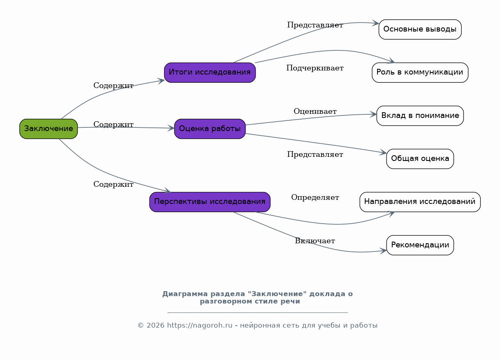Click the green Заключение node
pos(48,129)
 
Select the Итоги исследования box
pos(210,72)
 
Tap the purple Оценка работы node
pos(210,129)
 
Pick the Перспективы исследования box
pos(210,202)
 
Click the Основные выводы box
pos(420,29)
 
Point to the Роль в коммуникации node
pos(420,72)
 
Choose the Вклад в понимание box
pos(420,115)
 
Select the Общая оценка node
pos(420,159)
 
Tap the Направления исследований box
pos(420,202)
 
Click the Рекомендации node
pos(420,245)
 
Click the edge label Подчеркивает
pos(314,68)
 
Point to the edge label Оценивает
pos(315,111)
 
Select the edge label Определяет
pos(315,197)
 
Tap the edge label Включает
pos(315,241)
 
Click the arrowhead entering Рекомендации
pos(383,250)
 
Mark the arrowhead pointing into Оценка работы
pos(171,128)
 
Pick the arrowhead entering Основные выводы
pos(376,24)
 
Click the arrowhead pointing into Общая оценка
pos(383,153)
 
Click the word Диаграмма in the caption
pos(180,294)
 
